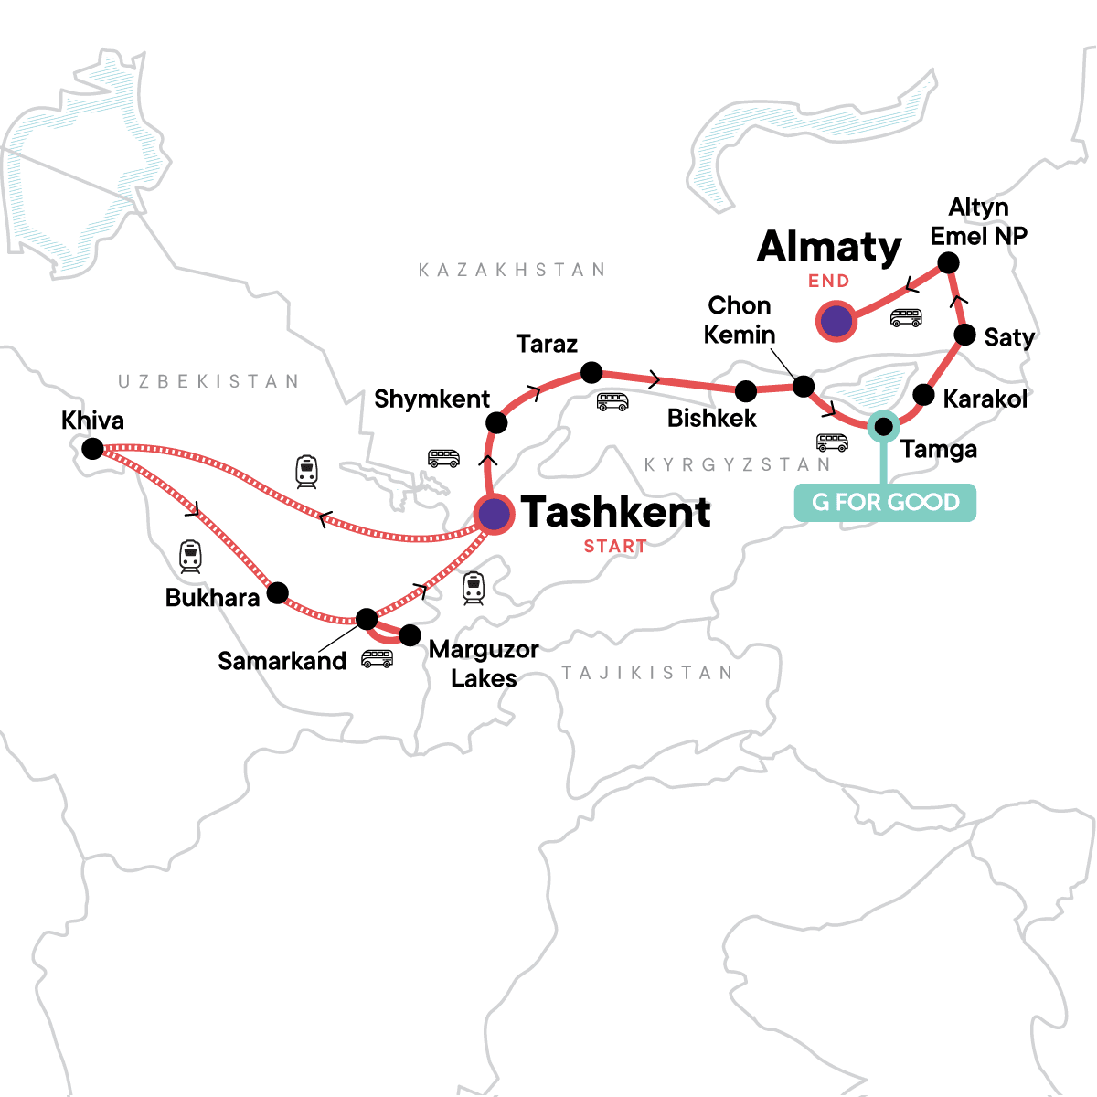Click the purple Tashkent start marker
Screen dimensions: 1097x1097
(x=494, y=515)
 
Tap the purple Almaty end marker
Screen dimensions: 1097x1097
(x=835, y=322)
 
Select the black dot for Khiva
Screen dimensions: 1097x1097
(x=92, y=449)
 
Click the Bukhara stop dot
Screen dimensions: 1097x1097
(x=277, y=592)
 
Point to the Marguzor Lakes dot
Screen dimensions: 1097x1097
(x=410, y=634)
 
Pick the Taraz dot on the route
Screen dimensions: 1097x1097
(x=591, y=373)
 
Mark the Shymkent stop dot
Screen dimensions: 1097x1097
(x=495, y=422)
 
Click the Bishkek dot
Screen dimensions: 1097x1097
(x=746, y=391)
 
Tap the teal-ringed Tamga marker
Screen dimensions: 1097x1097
(x=883, y=426)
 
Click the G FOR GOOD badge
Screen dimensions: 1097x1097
(x=885, y=503)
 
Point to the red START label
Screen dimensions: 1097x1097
(x=615, y=547)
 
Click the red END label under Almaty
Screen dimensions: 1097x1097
(x=828, y=281)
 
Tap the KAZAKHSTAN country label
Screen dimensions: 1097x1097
(x=512, y=270)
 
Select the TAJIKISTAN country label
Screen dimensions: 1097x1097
(x=647, y=674)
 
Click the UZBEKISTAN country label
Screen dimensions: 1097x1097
(x=208, y=381)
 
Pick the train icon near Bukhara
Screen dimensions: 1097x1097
(x=190, y=557)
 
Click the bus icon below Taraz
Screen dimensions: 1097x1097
(x=612, y=401)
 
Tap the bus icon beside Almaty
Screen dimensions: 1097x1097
(x=906, y=317)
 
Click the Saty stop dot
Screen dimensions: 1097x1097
(x=964, y=335)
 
